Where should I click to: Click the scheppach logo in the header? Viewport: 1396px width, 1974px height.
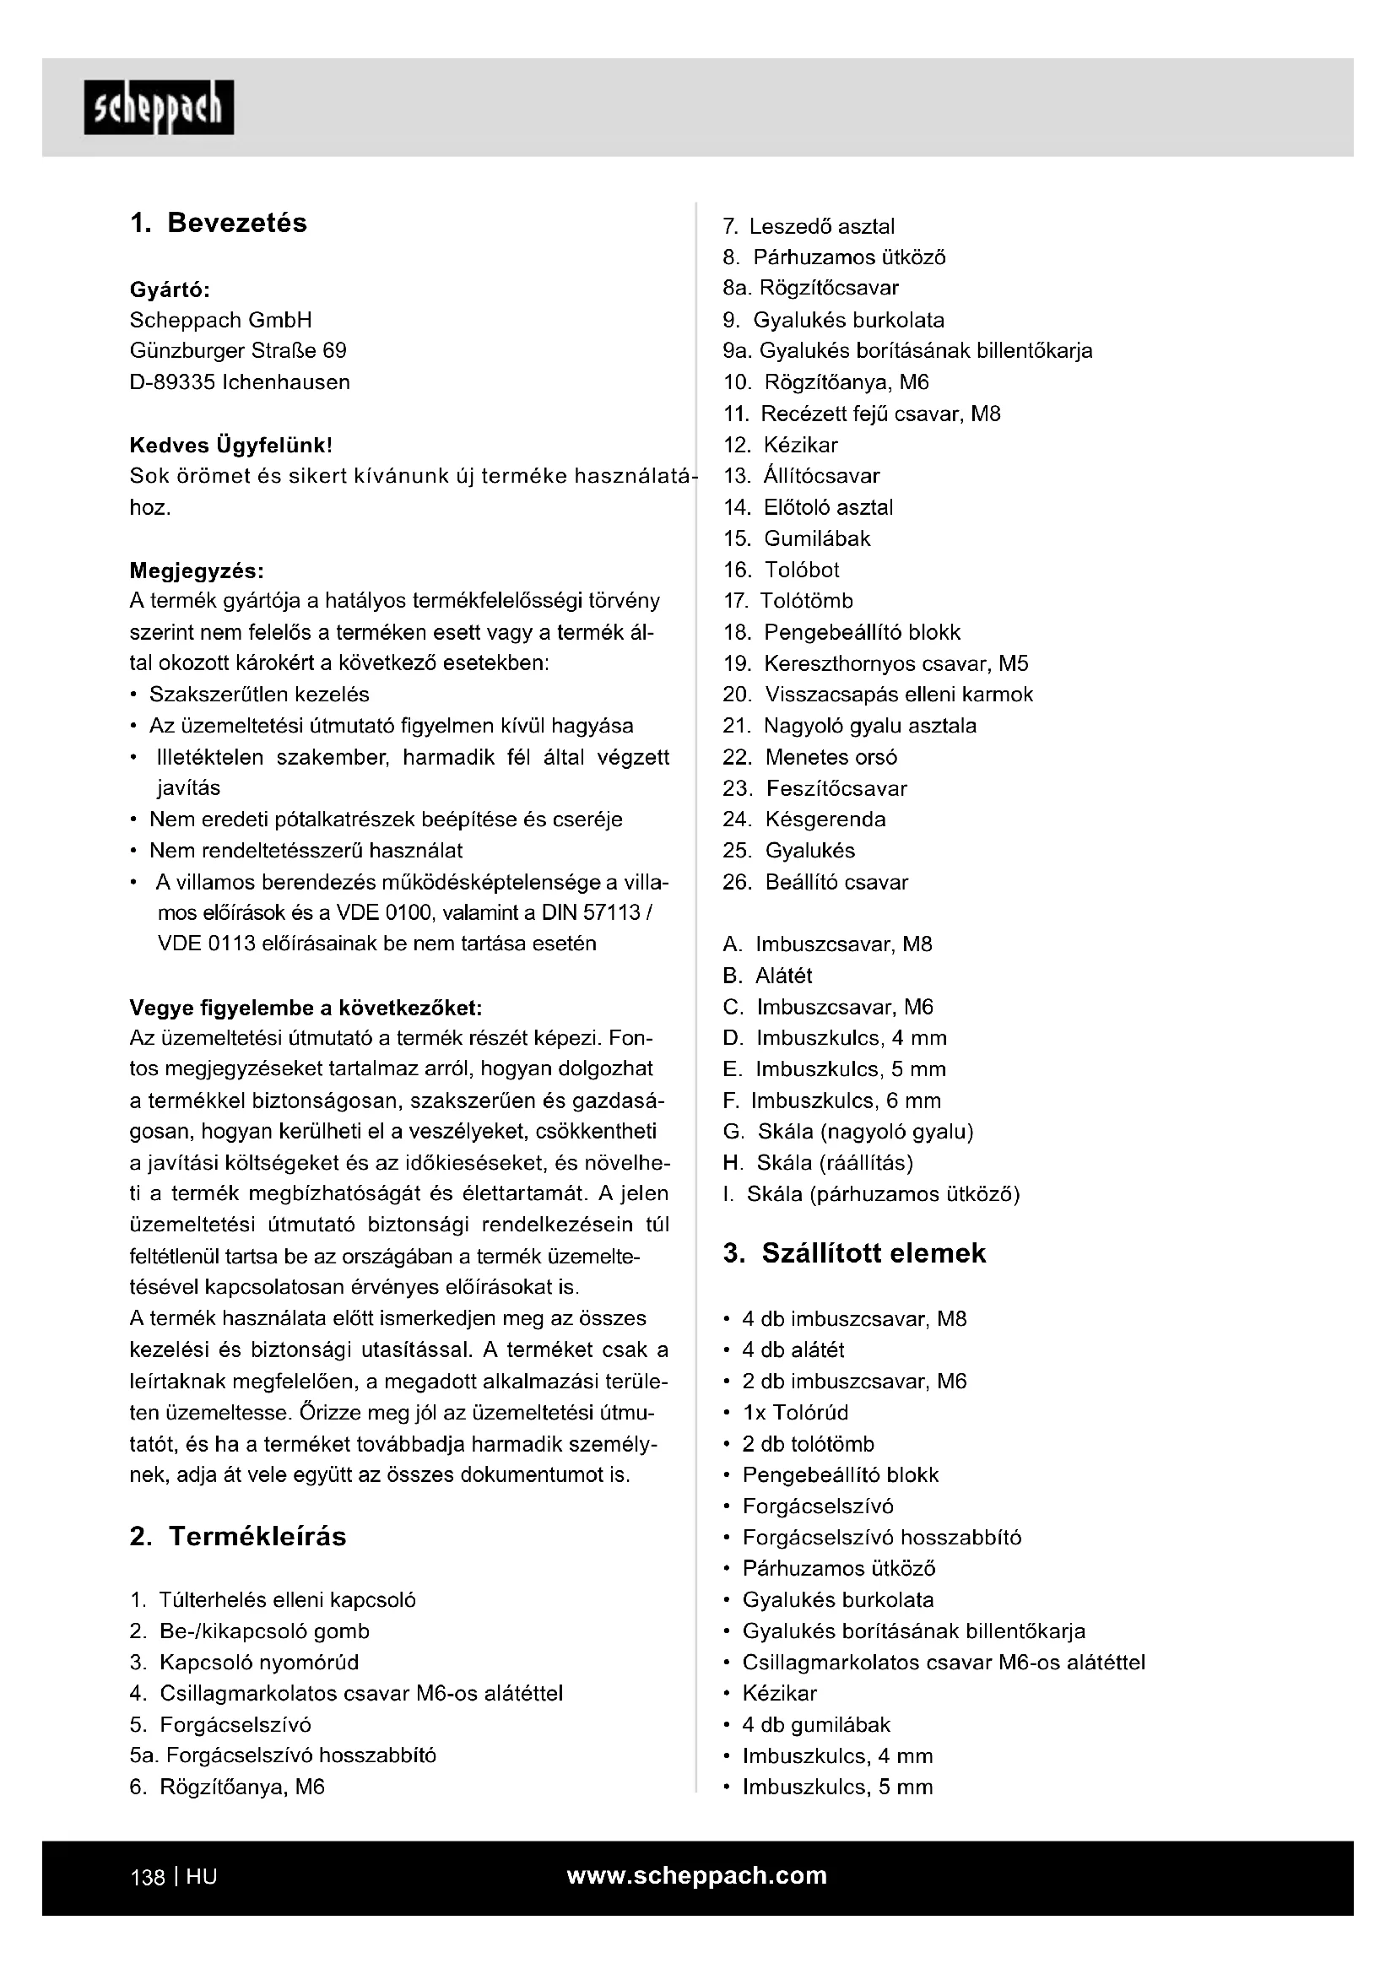click(158, 107)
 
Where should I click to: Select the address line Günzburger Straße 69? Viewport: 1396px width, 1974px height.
click(238, 351)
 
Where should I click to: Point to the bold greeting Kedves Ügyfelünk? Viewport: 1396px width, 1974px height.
click(230, 446)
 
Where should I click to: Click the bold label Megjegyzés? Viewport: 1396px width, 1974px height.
click(197, 570)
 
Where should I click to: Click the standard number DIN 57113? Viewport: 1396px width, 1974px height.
click(596, 911)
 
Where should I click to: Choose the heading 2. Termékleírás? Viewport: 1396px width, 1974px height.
click(238, 1535)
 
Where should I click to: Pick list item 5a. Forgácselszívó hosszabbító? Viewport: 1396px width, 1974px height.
click(283, 1755)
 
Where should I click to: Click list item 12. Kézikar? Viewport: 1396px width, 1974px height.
click(781, 445)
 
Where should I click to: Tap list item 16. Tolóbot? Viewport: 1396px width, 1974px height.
click(782, 569)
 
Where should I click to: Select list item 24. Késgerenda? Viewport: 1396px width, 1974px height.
click(804, 819)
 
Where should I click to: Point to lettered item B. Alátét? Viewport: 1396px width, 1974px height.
click(767, 975)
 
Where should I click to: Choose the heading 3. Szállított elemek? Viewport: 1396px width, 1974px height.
click(854, 1252)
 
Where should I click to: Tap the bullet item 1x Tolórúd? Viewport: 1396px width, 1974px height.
click(795, 1412)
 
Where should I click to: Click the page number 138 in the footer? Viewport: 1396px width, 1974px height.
click(147, 1876)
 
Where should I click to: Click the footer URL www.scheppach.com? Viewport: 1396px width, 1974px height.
click(697, 1874)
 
